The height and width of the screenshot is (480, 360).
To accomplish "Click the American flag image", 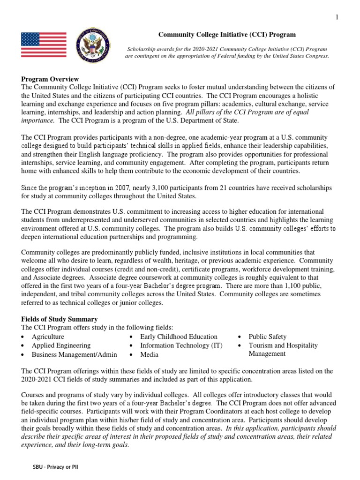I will coord(44,45).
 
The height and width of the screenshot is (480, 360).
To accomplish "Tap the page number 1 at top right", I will coord(337,17).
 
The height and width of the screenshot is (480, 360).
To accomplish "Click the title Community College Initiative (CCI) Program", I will coord(227,35).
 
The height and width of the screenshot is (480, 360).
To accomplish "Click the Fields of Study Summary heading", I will coord(60,319).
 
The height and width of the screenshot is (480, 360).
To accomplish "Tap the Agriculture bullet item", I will coord(48,337).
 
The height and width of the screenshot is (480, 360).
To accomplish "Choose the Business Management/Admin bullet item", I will coord(74,354).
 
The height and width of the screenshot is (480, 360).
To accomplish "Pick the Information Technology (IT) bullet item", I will coord(181,345).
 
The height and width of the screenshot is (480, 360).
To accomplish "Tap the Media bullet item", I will coord(149,354).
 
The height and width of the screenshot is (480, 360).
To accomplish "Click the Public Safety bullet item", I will coord(267,337).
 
